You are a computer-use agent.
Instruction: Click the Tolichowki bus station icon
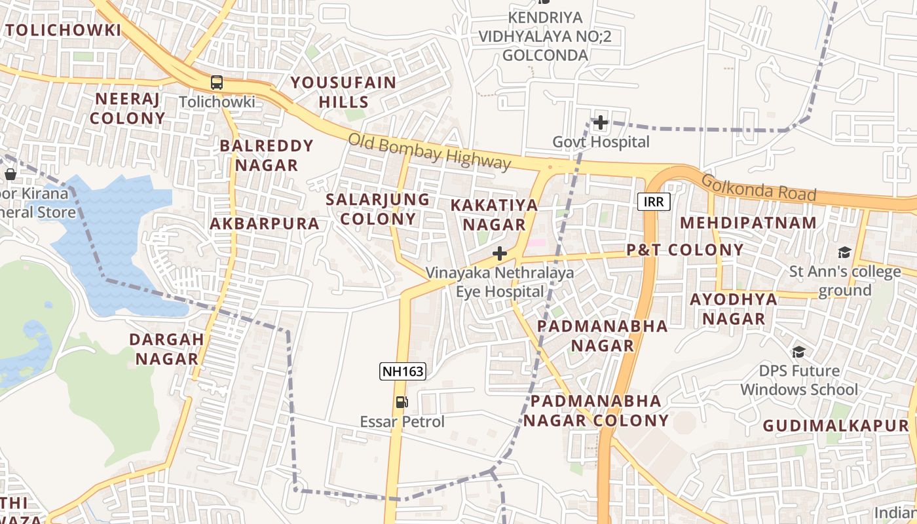(x=216, y=83)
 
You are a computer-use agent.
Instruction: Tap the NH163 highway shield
(x=403, y=371)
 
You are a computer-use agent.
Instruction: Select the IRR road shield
(x=654, y=202)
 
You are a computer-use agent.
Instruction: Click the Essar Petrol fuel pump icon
(x=402, y=402)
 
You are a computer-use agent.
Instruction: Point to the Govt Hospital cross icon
(x=600, y=122)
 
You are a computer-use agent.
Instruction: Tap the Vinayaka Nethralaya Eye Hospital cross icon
(x=500, y=253)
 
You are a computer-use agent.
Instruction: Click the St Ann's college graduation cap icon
(x=844, y=252)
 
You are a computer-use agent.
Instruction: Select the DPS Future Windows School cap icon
(x=798, y=352)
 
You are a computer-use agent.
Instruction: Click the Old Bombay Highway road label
(x=428, y=151)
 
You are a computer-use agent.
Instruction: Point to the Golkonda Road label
(x=758, y=189)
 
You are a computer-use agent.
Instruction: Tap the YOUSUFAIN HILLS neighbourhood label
(x=344, y=92)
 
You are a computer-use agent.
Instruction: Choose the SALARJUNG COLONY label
(x=378, y=209)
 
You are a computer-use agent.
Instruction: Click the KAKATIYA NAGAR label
(x=495, y=215)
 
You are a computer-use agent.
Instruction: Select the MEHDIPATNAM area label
(x=748, y=223)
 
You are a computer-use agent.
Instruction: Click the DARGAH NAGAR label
(x=166, y=349)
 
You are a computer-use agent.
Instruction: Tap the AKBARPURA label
(x=265, y=224)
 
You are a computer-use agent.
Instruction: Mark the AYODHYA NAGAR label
(x=734, y=309)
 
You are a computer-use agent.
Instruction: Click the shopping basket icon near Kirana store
(x=10, y=174)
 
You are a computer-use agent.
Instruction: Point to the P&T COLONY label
(x=684, y=250)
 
